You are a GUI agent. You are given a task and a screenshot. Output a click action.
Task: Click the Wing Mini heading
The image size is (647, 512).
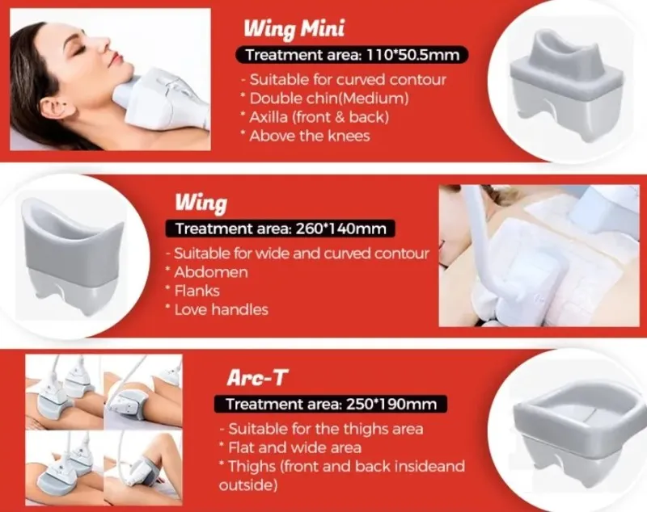pos(294,28)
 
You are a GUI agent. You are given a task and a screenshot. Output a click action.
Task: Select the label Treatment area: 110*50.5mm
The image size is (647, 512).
pos(353,55)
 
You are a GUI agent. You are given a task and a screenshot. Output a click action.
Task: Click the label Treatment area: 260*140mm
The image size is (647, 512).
pos(281,229)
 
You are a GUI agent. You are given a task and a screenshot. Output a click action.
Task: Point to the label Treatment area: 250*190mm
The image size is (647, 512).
pos(331,404)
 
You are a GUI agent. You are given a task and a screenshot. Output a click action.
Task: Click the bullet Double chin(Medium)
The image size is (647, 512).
pos(325,99)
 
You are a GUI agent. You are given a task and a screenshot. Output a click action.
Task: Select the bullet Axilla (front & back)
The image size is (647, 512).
pos(315,117)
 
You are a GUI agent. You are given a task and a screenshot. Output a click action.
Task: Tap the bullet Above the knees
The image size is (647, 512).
pos(306,136)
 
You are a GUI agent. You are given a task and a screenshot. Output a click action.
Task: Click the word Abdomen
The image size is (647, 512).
pos(211,272)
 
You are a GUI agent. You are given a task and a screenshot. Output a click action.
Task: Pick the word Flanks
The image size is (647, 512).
pos(197,291)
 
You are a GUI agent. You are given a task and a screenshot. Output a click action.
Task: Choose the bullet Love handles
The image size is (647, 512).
pos(217,309)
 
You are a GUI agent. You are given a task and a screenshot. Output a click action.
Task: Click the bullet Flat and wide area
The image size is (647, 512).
pos(290,447)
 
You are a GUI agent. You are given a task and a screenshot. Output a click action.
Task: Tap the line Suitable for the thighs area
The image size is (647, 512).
pos(322,429)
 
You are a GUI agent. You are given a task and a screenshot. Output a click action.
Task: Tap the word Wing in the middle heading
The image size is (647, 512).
pos(201,203)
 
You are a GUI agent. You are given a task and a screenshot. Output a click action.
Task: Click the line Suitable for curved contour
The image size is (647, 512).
pos(344,79)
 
